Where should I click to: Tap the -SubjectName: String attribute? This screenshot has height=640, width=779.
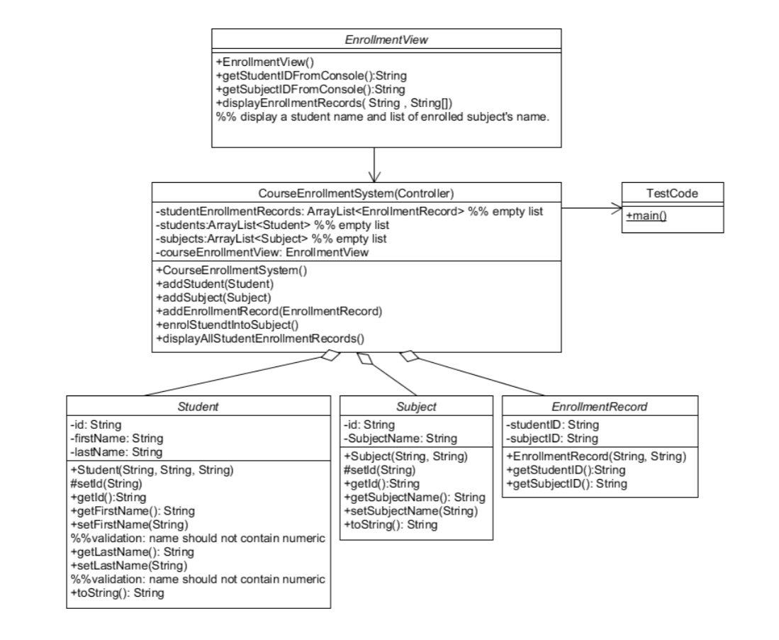(400, 438)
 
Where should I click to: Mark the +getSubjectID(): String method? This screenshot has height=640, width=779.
(567, 483)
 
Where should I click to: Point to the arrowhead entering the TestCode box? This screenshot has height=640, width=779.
(615, 208)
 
